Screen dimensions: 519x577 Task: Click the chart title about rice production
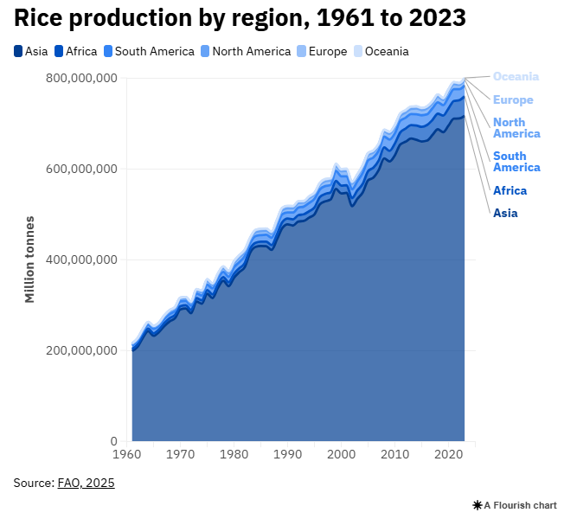(240, 18)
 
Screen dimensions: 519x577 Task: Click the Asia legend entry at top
(31, 51)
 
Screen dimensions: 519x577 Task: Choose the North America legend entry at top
(246, 51)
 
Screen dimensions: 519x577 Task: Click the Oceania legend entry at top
(381, 51)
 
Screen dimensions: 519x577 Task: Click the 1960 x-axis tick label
(127, 453)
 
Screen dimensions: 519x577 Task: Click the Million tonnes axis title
(29, 259)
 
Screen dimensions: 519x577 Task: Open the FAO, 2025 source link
(86, 483)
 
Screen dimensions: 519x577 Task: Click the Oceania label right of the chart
(516, 76)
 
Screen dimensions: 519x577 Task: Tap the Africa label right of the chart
(510, 191)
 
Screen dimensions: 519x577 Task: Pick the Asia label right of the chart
(505, 213)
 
